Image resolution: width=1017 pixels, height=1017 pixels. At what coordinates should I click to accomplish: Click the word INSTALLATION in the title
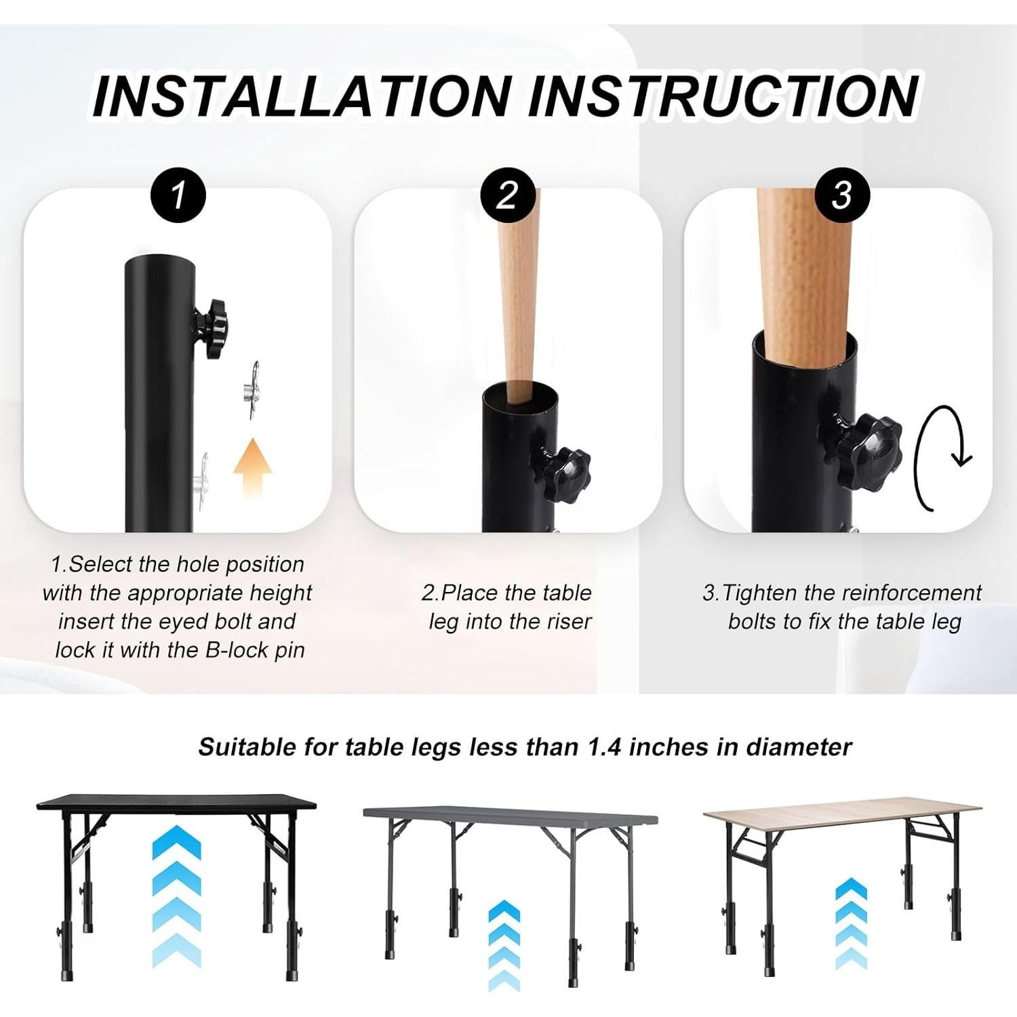(302, 96)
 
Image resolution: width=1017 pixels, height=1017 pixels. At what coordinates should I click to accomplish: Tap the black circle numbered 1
(178, 195)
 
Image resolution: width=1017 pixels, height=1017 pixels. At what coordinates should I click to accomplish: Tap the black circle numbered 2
(508, 195)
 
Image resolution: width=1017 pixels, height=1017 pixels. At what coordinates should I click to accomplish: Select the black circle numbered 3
(841, 195)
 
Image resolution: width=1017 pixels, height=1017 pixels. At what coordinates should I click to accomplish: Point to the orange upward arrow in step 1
(252, 468)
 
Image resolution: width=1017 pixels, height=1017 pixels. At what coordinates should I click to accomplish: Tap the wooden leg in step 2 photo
(517, 305)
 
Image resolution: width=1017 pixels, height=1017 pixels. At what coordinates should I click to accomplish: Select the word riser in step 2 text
(569, 622)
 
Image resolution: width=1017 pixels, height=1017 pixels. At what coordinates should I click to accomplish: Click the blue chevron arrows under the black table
(176, 895)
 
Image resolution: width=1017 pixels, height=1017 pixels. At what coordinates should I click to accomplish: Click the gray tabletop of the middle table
(509, 814)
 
